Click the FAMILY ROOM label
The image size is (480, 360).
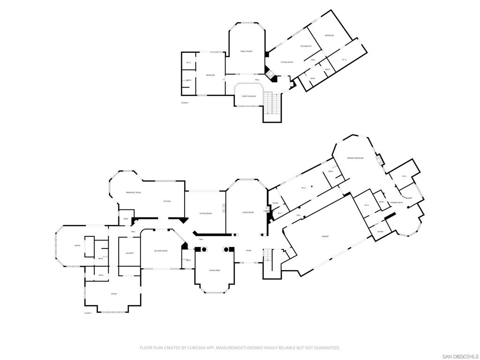click(246, 51)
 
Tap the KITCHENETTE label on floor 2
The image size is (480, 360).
click(306, 46)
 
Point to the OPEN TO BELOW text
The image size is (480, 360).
click(248, 96)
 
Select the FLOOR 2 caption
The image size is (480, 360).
click(185, 103)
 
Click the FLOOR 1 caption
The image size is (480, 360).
click(88, 313)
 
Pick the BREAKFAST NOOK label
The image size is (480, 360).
click(134, 193)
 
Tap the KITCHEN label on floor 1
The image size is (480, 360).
click(167, 201)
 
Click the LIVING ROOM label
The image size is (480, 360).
click(247, 212)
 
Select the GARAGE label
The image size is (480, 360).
click(325, 236)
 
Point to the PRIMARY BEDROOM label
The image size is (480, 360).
click(355, 158)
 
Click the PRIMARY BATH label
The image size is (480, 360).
click(397, 202)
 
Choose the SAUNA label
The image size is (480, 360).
click(380, 232)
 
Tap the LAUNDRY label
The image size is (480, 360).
click(129, 253)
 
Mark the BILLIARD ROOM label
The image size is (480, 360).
click(161, 251)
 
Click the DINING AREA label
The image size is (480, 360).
click(215, 270)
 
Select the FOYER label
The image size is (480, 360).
click(249, 250)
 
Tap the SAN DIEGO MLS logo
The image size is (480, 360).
click(460, 356)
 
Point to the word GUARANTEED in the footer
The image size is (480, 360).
click(323, 348)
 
